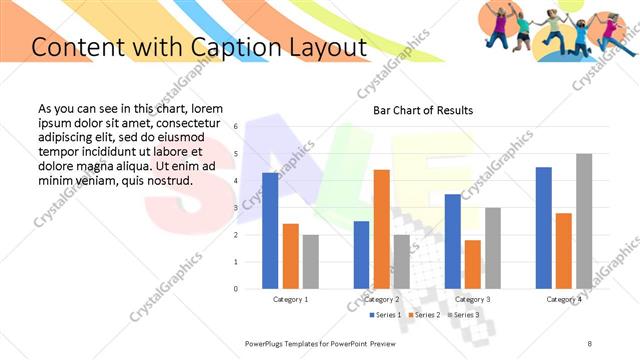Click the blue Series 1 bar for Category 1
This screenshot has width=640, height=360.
coord(270,231)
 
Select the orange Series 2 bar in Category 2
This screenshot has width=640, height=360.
coord(381,229)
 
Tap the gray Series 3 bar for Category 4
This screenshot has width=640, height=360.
coord(584,221)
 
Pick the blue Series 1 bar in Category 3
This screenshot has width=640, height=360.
coord(453,241)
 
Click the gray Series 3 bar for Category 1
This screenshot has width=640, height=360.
coord(311,262)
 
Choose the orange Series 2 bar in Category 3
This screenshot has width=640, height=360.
coord(473,264)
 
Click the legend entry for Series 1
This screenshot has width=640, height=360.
coord(387,315)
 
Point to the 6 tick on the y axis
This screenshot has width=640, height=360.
coord(236,127)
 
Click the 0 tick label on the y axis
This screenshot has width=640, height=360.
coord(236,289)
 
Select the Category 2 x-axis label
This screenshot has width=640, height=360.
coord(381,299)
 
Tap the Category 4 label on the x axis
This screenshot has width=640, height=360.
coord(564,299)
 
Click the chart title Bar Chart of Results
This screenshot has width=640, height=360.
coord(423,110)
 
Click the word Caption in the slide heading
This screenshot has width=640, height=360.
coord(237,47)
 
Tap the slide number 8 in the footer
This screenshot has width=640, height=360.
coord(589,343)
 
